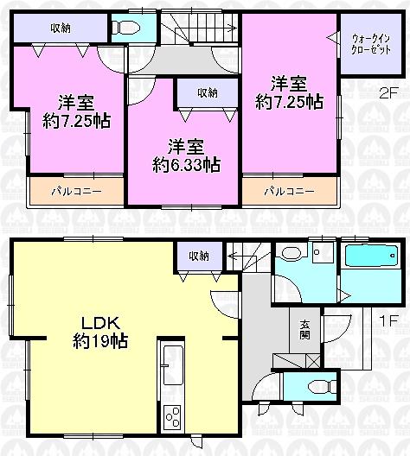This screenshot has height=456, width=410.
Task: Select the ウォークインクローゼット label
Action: (x=369, y=43)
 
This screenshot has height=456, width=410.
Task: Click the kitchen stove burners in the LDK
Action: (x=171, y=418)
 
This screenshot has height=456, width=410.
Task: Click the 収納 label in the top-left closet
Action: (x=61, y=28)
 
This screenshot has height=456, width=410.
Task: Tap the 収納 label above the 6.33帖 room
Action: (x=207, y=92)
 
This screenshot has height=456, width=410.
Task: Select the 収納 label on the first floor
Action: (x=198, y=256)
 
